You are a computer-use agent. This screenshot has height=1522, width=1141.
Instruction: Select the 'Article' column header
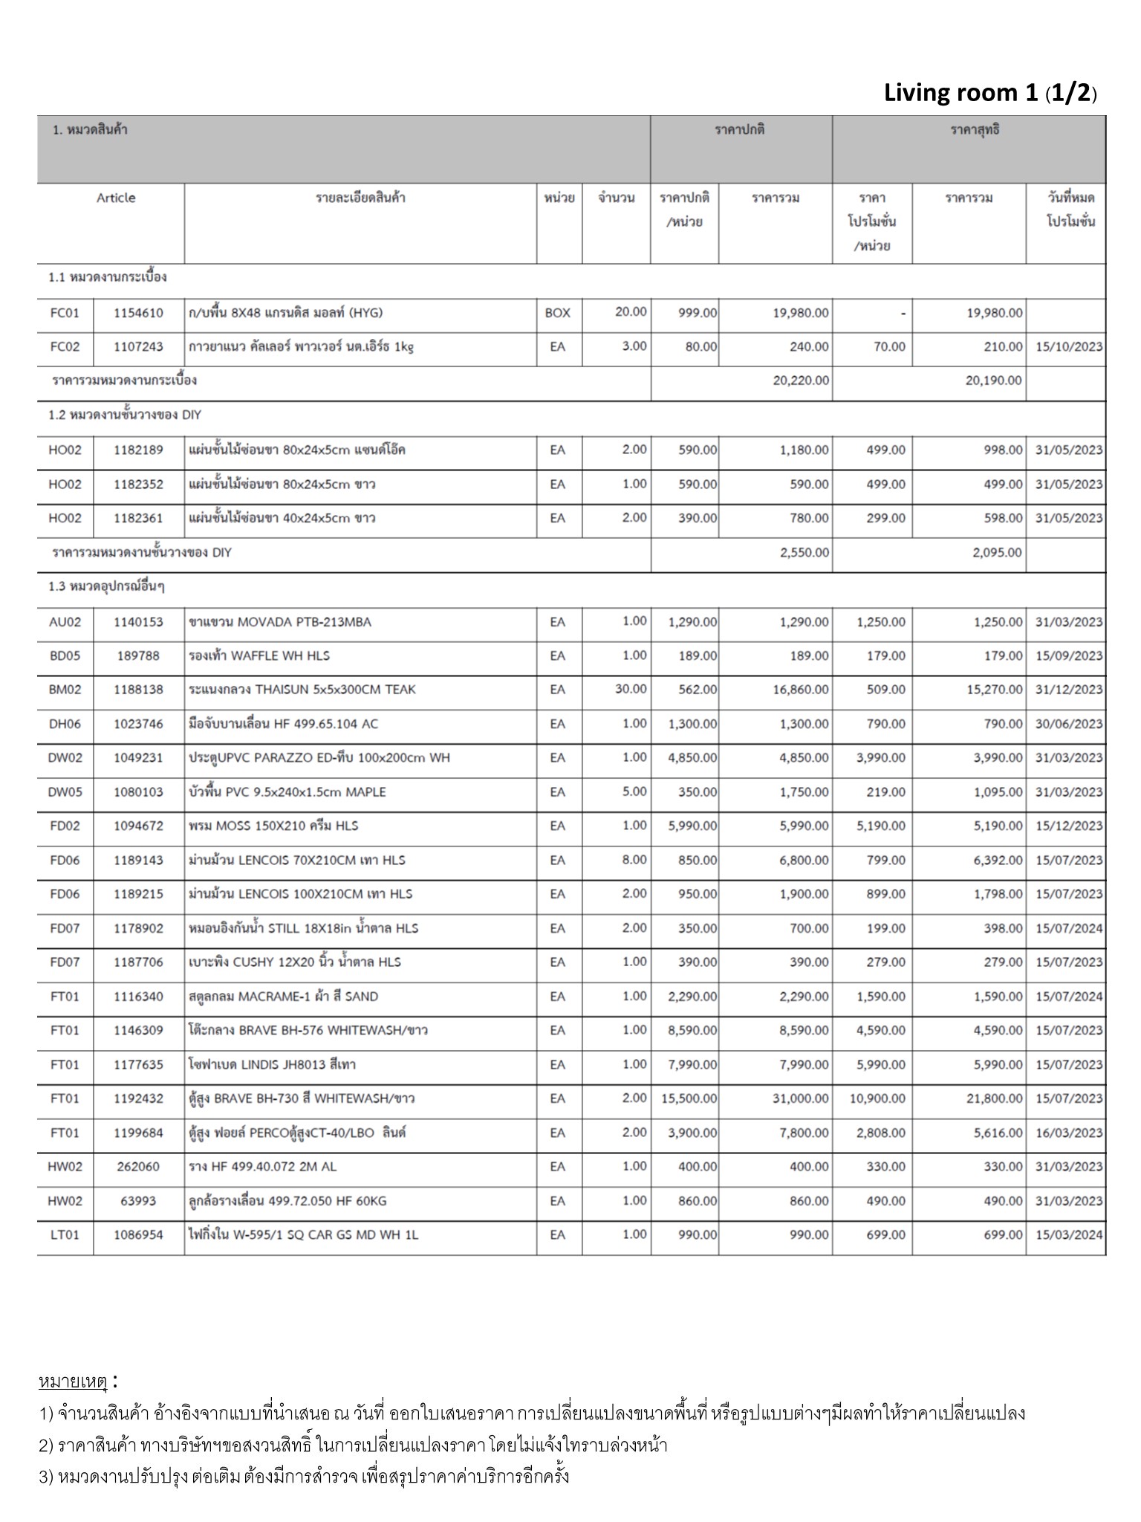click(x=116, y=198)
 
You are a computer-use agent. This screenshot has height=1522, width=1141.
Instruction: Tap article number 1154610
click(x=138, y=313)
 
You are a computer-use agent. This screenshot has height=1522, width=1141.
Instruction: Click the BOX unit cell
click(x=558, y=313)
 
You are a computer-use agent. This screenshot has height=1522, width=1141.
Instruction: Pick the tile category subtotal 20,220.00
click(x=801, y=380)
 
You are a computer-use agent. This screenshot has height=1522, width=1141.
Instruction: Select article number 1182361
click(x=138, y=518)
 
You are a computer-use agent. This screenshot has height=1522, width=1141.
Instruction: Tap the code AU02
click(x=65, y=622)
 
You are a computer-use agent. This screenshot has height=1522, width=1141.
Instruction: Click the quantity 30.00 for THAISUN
click(x=631, y=690)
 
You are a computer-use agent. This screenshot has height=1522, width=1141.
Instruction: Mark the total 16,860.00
click(x=800, y=690)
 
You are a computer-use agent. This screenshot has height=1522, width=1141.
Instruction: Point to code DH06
click(x=65, y=724)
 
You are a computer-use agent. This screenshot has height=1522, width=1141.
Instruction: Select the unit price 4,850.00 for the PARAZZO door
click(x=692, y=758)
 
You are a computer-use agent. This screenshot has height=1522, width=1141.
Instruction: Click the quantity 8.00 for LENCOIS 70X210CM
click(x=634, y=860)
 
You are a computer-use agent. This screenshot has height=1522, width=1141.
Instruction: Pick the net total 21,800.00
click(x=994, y=1098)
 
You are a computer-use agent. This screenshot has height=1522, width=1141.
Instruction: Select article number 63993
click(x=138, y=1201)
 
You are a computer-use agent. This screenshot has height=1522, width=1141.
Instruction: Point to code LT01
click(x=65, y=1235)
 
